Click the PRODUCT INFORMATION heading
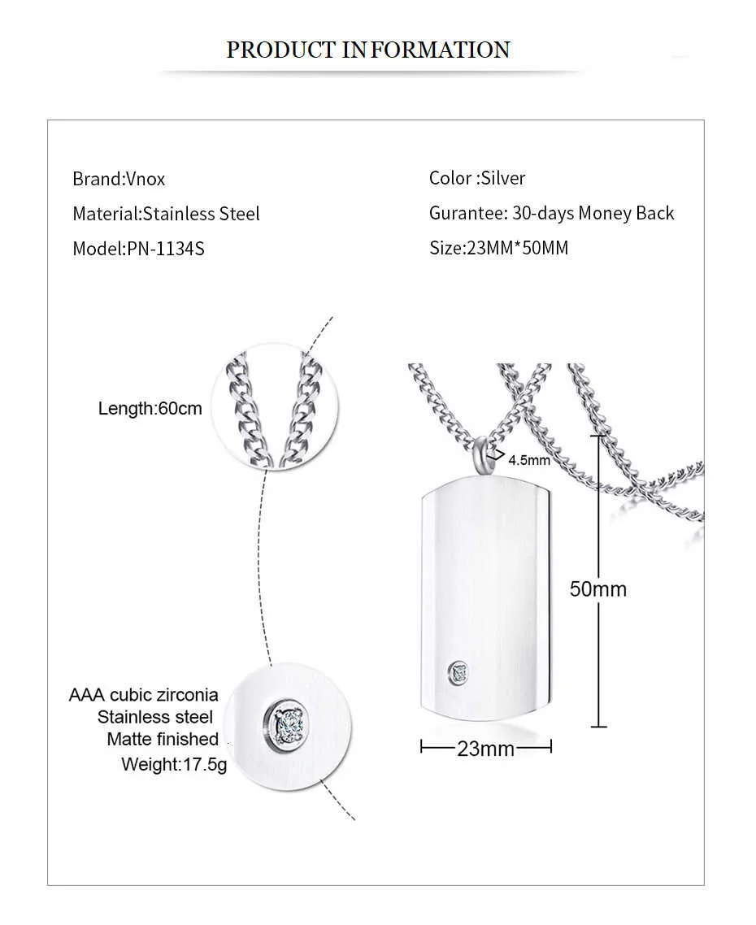point(368,50)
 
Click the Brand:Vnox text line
point(119,179)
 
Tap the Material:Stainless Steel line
point(166,214)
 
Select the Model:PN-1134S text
point(138,249)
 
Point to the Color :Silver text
point(477,178)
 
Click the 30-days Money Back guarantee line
point(551,213)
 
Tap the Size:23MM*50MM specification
point(498,248)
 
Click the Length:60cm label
point(150,408)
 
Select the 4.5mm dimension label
point(529,460)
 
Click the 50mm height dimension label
point(597,588)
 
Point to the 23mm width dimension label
point(485,749)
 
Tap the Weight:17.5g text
point(174,764)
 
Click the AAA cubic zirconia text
point(144,695)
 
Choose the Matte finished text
point(163,739)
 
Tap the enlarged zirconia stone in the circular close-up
point(285,720)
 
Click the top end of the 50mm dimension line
point(599,436)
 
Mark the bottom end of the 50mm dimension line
point(599,726)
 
